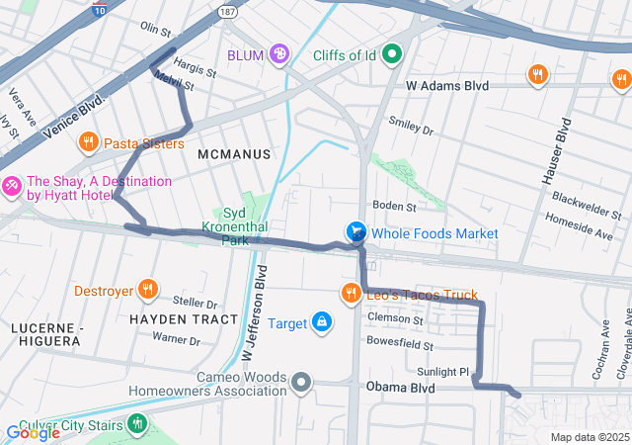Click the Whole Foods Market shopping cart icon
[356, 232]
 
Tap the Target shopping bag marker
[322, 322]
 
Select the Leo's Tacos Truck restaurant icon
[350, 293]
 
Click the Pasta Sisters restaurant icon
[88, 143]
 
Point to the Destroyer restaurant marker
[147, 291]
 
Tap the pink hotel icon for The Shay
[12, 185]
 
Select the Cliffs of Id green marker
[392, 54]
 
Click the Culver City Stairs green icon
[137, 425]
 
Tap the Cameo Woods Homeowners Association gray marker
[302, 381]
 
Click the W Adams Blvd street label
[448, 87]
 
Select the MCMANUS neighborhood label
[234, 154]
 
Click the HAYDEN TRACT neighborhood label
[184, 319]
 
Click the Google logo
[33, 432]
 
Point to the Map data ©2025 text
[589, 437]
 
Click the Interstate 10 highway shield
[98, 9]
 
